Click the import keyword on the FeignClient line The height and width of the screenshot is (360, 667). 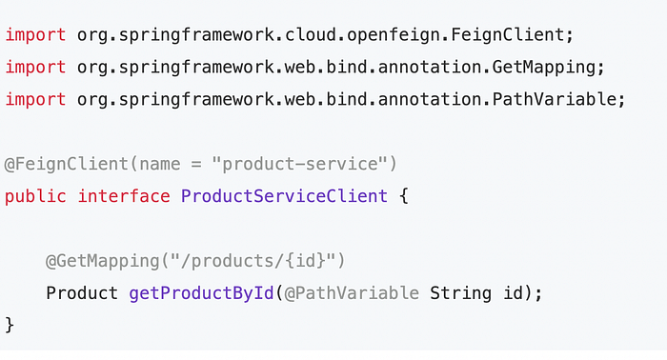tap(35, 35)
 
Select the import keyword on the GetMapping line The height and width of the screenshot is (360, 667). tap(35, 68)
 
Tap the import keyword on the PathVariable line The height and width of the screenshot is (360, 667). tap(35, 100)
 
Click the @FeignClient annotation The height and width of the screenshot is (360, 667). tap(62, 164)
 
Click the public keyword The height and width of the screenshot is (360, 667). tap(35, 196)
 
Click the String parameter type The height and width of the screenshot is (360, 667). tap(459, 293)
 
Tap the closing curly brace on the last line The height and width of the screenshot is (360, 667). tap(10, 325)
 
